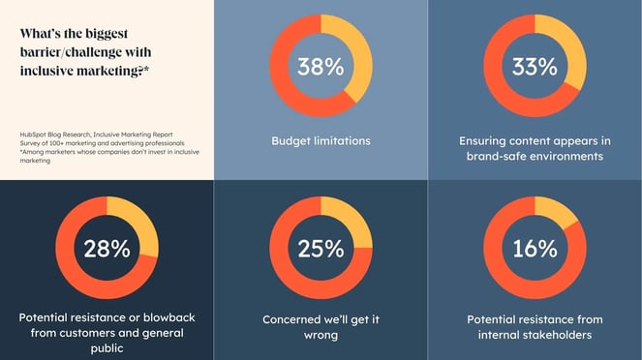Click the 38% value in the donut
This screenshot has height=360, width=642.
pos(321,67)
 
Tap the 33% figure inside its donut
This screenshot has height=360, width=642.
pos(535,67)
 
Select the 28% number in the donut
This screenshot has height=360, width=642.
pos(107,248)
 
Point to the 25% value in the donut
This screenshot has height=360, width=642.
pos(321,248)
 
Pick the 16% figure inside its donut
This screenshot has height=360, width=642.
pos(535,248)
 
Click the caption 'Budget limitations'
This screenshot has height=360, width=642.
pos(321,141)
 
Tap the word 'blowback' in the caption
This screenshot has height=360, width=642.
pos(156,317)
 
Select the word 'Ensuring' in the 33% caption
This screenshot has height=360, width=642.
pos(487,139)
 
